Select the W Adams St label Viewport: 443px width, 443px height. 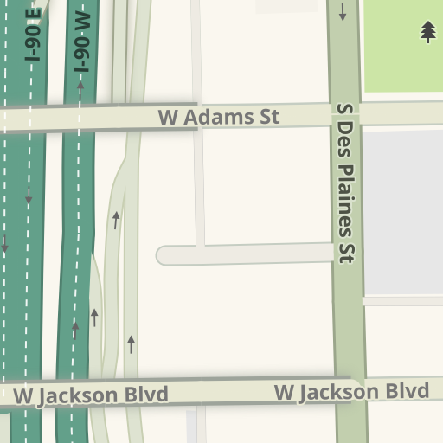pyautogui.click(x=219, y=117)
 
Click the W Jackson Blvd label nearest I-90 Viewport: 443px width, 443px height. pyautogui.click(x=91, y=395)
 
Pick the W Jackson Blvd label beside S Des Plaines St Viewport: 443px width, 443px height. pyautogui.click(x=351, y=391)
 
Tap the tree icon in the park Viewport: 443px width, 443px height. pyautogui.click(x=428, y=32)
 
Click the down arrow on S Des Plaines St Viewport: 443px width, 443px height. pyautogui.click(x=343, y=12)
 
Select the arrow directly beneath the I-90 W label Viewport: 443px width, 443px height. pyautogui.click(x=80, y=86)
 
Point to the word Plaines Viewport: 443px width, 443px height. pyautogui.click(x=348, y=196)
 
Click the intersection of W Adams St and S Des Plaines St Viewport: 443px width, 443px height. pyautogui.click(x=346, y=113)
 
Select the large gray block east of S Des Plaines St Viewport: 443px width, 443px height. pyautogui.click(x=403, y=212)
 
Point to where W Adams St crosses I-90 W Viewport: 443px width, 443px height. pyautogui.click(x=80, y=118)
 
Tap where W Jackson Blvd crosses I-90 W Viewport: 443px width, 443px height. pyautogui.click(x=73, y=393)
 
